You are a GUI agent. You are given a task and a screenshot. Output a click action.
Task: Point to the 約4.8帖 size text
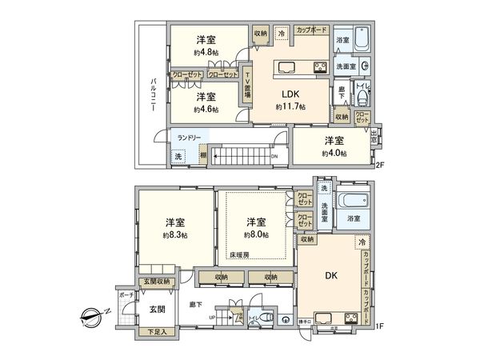point(206,53)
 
